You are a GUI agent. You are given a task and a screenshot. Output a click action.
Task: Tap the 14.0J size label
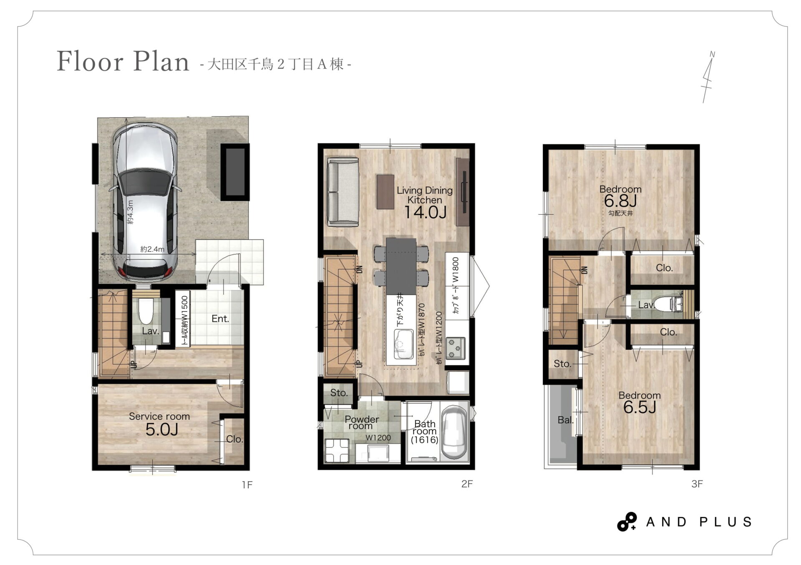click(x=425, y=212)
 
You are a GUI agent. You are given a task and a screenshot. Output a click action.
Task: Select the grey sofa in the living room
click(x=343, y=192)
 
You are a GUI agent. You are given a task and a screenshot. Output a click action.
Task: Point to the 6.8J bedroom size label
click(x=620, y=201)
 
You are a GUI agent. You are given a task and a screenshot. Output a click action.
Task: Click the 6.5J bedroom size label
click(x=640, y=407)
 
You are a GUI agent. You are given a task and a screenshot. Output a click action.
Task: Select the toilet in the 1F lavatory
click(x=146, y=311)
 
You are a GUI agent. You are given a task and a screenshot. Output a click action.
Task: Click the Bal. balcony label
click(x=565, y=420)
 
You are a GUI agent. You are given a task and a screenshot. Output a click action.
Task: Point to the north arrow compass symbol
click(x=708, y=77)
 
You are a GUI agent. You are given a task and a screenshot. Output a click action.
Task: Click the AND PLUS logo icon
click(x=627, y=522)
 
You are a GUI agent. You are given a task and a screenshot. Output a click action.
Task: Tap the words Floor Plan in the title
click(x=123, y=61)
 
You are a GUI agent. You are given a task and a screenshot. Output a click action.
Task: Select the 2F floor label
click(x=467, y=484)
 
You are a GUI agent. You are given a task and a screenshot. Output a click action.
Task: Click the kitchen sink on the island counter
click(x=403, y=344)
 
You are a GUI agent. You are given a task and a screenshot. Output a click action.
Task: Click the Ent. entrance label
click(x=220, y=319)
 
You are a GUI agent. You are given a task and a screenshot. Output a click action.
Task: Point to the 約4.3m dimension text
click(x=130, y=212)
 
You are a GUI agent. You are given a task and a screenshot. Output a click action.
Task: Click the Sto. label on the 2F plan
click(x=339, y=393)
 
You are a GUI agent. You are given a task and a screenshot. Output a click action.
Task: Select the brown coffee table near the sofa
click(x=385, y=191)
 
